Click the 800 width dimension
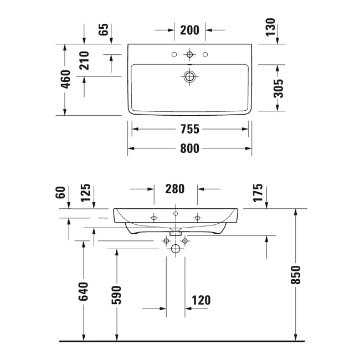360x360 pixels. [189, 148]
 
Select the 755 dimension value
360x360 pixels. [189, 129]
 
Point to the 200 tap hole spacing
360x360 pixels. [189, 30]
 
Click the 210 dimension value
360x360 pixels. [85, 60]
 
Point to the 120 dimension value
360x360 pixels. [201, 300]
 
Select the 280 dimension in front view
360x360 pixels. [175, 189]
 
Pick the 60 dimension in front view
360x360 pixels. [61, 192]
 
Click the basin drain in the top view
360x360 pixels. [190, 76]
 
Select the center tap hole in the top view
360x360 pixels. [190, 55]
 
